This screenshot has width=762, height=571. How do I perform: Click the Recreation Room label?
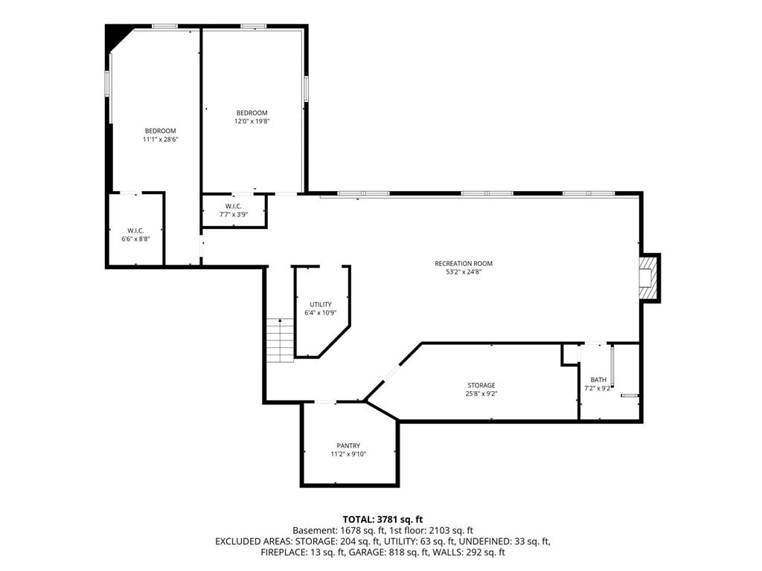[463, 264]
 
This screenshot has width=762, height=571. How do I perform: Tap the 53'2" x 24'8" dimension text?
[464, 272]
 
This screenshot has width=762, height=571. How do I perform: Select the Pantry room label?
[348, 446]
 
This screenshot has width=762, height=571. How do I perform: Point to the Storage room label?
[481, 386]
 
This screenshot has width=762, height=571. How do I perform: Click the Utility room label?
[321, 304]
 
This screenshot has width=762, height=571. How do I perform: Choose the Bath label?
[598, 380]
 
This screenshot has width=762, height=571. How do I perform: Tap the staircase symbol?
[281, 341]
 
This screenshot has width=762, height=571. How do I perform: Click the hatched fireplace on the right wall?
[648, 279]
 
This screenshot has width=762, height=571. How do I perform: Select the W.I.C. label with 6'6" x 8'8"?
[135, 230]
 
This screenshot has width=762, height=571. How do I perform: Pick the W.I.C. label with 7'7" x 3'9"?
[233, 206]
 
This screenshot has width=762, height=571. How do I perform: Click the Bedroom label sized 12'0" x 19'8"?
[252, 113]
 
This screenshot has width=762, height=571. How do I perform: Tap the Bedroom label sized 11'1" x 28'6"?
[161, 131]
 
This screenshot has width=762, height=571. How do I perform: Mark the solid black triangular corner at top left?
[115, 36]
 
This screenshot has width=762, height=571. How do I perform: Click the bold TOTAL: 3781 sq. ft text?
[383, 520]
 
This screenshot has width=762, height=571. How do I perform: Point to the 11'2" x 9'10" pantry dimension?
[348, 454]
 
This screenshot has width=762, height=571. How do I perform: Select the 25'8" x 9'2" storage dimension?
[481, 394]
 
